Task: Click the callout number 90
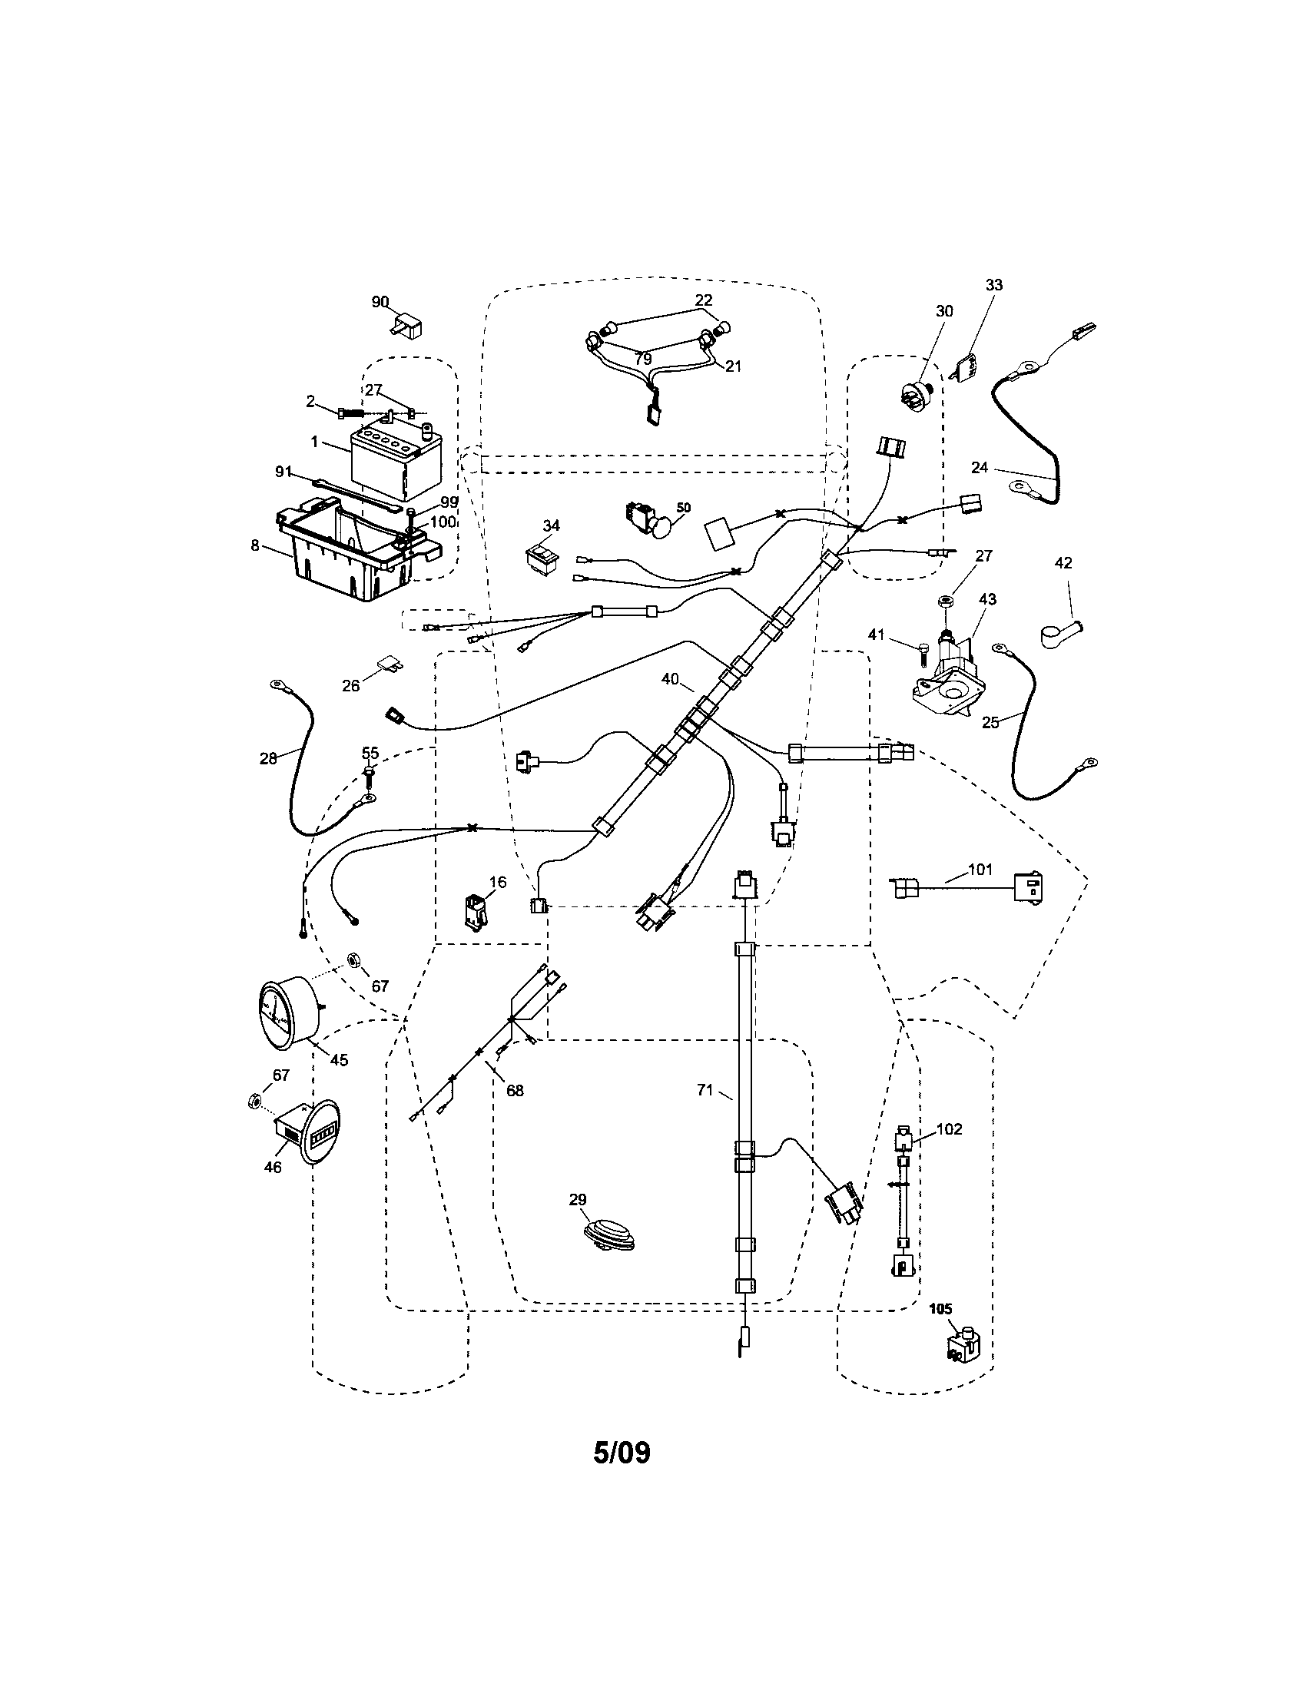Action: [379, 302]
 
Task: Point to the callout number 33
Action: [993, 285]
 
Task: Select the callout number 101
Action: [980, 868]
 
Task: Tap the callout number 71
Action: [704, 1089]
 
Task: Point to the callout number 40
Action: [669, 679]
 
